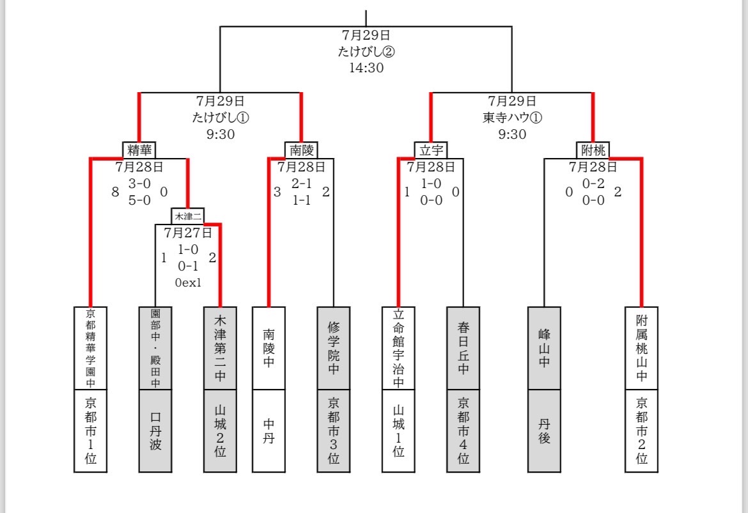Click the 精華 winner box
click(x=139, y=150)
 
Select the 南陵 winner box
click(x=302, y=150)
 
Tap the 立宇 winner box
click(x=432, y=150)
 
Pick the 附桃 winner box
click(x=593, y=150)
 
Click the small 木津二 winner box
click(x=188, y=216)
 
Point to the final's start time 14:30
click(x=366, y=68)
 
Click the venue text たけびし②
click(x=366, y=52)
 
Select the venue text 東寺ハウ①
click(x=512, y=118)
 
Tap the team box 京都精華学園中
click(x=91, y=349)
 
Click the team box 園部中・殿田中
click(x=155, y=349)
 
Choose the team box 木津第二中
click(x=221, y=349)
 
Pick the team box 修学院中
click(x=334, y=349)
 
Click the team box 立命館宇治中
click(x=399, y=349)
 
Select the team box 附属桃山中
click(x=642, y=349)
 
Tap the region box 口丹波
click(x=155, y=431)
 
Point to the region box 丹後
click(x=544, y=431)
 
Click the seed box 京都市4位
click(x=464, y=431)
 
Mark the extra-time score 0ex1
click(x=188, y=283)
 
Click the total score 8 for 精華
click(x=115, y=192)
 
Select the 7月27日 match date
click(x=188, y=233)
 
